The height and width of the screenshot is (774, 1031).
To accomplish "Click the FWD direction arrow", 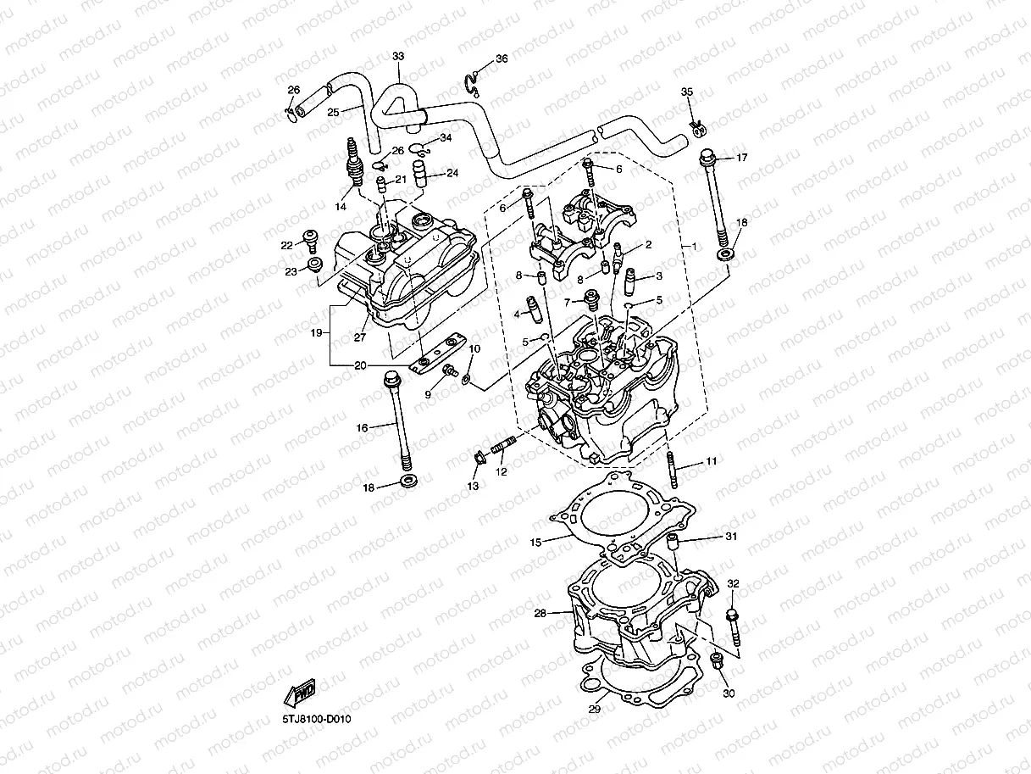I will (300, 694).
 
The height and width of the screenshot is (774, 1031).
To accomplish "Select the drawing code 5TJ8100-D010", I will (317, 719).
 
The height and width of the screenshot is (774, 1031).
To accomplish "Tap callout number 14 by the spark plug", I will (342, 206).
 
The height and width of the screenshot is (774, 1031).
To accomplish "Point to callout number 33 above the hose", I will (398, 56).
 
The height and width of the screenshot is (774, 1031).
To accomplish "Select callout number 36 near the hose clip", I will (502, 58).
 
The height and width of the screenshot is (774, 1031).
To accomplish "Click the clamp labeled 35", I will (696, 127).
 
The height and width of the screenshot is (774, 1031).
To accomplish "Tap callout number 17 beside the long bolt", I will (741, 158).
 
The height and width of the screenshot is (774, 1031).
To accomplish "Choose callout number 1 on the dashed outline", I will (695, 245).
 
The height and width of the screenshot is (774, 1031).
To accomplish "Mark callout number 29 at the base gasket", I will (594, 710).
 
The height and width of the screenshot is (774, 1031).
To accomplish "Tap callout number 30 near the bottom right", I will (729, 693).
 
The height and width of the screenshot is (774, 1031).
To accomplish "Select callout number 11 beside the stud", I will (711, 460).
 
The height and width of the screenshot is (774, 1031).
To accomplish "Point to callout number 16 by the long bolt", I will (362, 428).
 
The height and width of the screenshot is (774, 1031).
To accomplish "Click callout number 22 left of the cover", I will (287, 245).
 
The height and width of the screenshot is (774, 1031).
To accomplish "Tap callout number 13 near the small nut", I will (473, 486).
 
